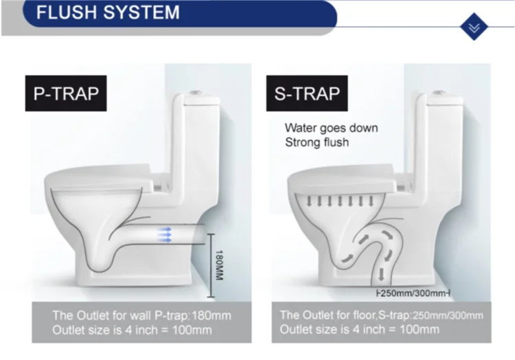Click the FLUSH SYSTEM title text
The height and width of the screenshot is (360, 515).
(108, 12)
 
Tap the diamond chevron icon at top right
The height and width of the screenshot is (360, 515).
(472, 27)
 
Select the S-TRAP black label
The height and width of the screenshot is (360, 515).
(306, 93)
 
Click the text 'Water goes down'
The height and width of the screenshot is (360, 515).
(331, 128)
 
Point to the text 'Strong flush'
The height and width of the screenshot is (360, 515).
(317, 143)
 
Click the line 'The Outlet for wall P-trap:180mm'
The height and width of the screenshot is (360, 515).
(141, 315)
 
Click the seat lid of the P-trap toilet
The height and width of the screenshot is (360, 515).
(103, 172)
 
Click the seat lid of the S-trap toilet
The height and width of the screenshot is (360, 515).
(343, 172)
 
